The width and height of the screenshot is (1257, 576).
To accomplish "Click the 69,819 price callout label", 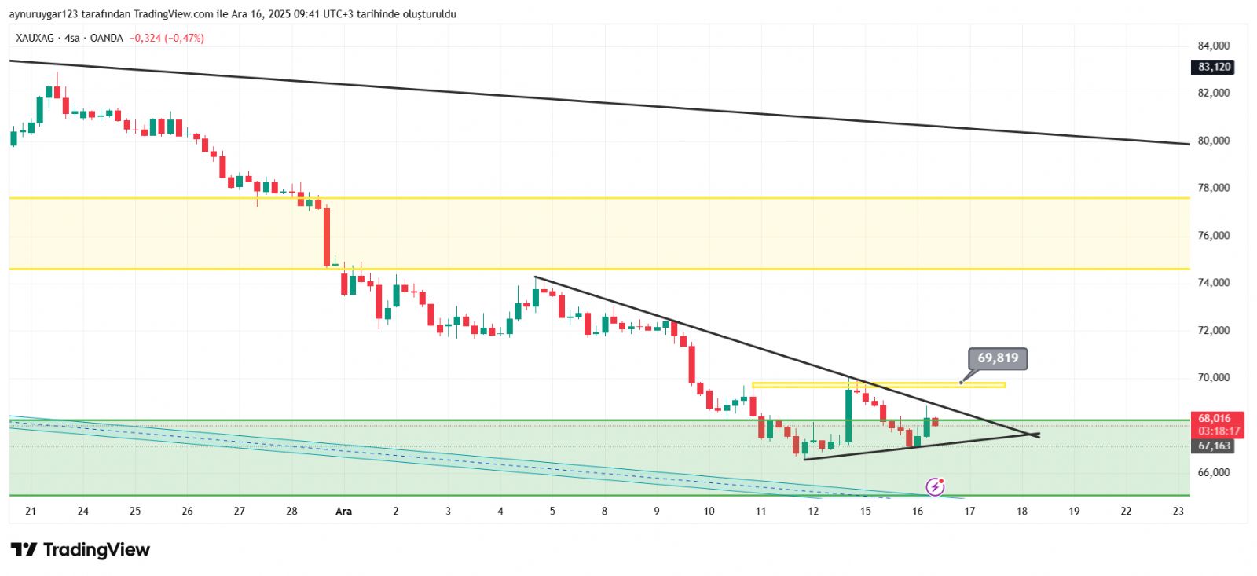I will tap(998, 358).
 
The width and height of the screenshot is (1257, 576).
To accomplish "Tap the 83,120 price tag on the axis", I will tap(1214, 68).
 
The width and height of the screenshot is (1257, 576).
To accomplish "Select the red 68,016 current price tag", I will tap(1214, 418).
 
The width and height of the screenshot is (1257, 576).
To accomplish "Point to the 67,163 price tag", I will tap(1214, 446).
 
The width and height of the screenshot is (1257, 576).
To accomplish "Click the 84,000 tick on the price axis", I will tap(1214, 46).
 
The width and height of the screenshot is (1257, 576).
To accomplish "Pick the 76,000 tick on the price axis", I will tap(1214, 236).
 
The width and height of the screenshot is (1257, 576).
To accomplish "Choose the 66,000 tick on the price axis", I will tap(1214, 472).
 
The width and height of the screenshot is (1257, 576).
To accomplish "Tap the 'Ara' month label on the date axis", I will tap(343, 512).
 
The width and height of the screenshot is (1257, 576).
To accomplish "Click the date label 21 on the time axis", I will tap(31, 512).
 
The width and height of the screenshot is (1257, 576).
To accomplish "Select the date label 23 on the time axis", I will tap(1178, 512).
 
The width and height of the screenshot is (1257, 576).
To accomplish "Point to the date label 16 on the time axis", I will tap(918, 512).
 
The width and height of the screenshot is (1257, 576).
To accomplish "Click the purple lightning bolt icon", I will tap(935, 487).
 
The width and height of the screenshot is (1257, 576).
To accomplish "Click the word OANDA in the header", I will tap(106, 38).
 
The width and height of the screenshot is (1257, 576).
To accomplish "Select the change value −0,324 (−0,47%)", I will tap(167, 38).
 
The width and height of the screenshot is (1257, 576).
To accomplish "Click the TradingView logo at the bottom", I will tap(80, 549).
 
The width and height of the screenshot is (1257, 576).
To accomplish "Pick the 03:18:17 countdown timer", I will tap(1219, 431).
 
